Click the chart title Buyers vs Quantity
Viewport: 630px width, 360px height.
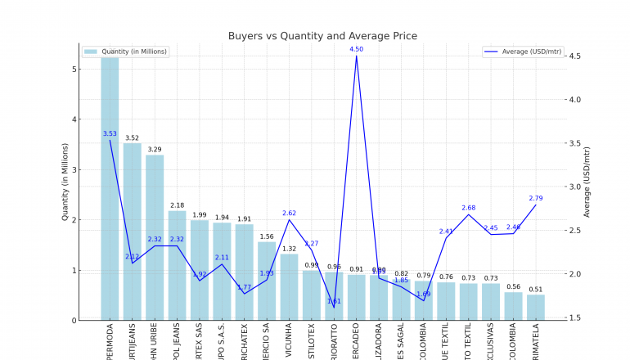pos(322,36)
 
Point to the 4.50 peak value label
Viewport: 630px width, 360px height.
pos(356,49)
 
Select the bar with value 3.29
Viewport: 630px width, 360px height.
pos(155,237)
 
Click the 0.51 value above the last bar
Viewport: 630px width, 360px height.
pos(536,289)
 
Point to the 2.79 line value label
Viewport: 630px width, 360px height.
pos(536,198)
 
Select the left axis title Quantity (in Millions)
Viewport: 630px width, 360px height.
pos(65,182)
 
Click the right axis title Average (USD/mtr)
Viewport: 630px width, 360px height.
pos(587,182)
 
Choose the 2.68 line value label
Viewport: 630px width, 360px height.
pos(468,208)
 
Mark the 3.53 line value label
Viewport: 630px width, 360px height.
pos(110,133)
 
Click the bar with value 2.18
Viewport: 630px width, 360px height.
pos(177,265)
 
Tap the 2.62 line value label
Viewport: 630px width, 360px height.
pos(289,213)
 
